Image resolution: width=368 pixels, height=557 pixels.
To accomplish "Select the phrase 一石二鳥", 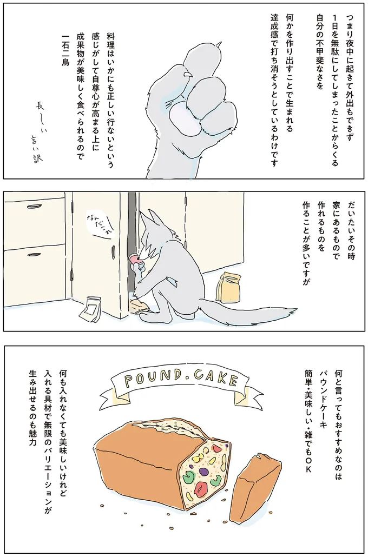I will (x=66, y=51).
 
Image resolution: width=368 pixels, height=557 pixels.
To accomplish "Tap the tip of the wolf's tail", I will (x=295, y=310).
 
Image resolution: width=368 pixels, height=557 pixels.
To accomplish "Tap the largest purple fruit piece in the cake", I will (x=205, y=470).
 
